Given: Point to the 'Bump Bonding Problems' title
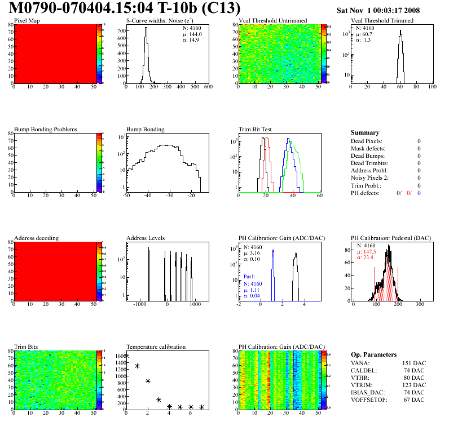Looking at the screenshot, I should pos(46,129).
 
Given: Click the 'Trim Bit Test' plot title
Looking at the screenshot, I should pos(256,129).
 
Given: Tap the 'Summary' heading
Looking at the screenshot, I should pos(365,133).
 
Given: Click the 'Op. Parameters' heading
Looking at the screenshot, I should pos(373,354).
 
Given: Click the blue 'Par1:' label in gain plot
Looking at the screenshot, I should pos(250,277).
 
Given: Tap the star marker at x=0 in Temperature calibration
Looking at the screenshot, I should pos(126,356).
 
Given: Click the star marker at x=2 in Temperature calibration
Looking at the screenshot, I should pos(148,381).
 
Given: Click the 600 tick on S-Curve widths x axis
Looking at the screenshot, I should pos(208,87).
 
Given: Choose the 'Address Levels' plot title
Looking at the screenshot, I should pos(146,238).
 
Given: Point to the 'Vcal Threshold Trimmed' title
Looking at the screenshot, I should pos(382,21).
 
